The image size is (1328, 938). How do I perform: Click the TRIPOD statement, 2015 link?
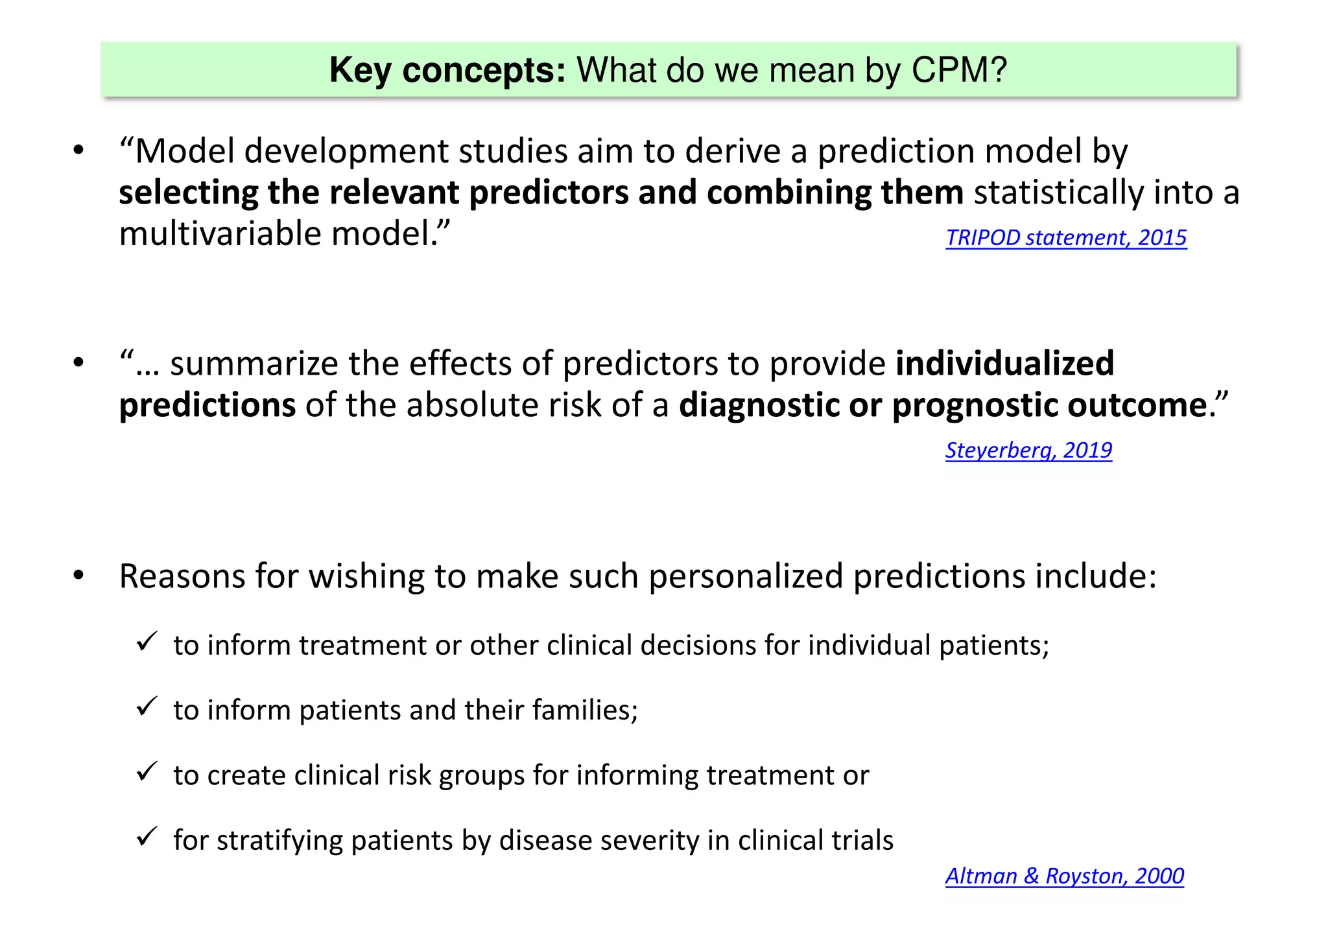point(1065,238)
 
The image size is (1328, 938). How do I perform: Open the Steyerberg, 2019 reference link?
point(1028,450)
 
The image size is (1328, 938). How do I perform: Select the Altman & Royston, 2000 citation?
point(1064,876)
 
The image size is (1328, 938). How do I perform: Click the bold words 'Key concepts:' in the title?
point(447,70)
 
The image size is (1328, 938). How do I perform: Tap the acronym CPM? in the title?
point(959,70)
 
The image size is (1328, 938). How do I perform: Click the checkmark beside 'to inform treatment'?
point(147,642)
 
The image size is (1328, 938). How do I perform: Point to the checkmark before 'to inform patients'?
point(147,707)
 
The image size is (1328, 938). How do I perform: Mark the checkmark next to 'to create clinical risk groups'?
point(147,771)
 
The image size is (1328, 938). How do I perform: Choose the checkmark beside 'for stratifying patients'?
point(147,836)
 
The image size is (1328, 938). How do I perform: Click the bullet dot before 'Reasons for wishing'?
point(78,576)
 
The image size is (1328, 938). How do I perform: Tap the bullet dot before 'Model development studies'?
point(78,151)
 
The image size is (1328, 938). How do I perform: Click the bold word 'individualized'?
point(1004,363)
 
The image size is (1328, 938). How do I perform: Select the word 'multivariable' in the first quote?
point(220,233)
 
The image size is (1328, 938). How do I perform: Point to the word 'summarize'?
point(254,364)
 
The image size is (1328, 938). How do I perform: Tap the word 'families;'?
point(585,710)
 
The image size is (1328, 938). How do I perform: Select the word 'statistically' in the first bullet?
point(1059,193)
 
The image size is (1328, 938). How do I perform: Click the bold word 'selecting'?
point(188,193)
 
